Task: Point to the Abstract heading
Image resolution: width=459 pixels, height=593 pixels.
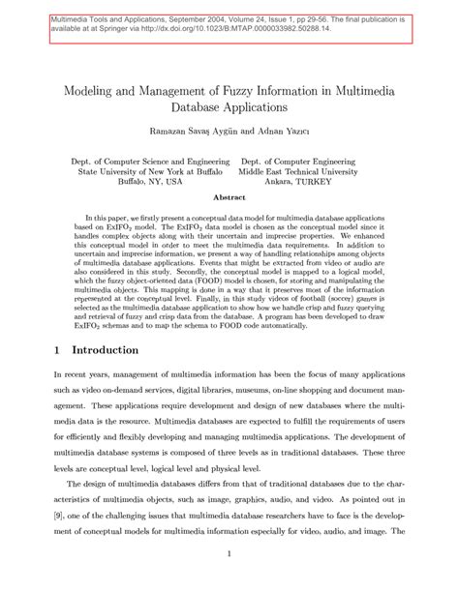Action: [229, 195]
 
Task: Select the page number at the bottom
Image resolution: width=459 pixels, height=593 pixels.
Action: [229, 553]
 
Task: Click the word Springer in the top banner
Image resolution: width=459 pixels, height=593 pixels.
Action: [129, 29]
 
